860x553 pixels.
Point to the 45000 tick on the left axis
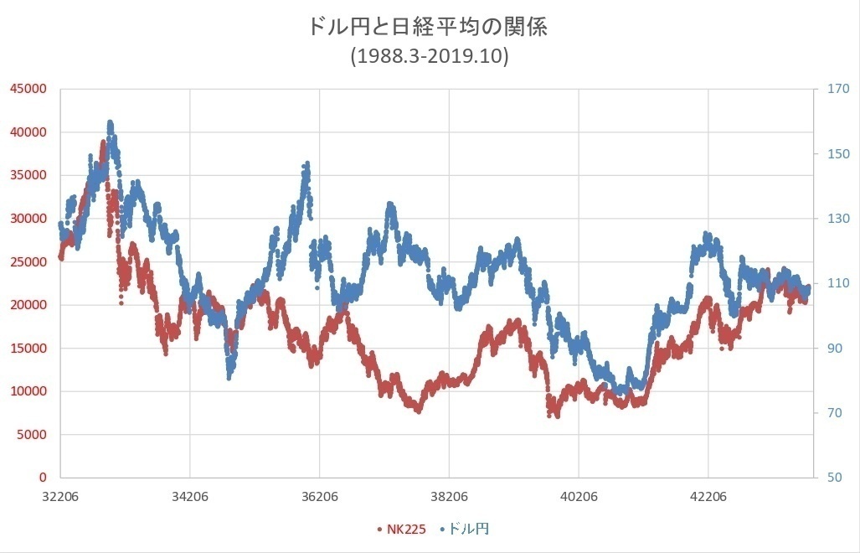[x=30, y=89]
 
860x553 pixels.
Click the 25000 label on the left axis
[x=30, y=261]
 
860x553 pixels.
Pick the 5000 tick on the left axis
[x=33, y=434]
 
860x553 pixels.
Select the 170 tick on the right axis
[x=837, y=89]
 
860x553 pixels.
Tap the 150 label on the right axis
[x=837, y=153]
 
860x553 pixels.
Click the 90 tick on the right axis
[x=834, y=348]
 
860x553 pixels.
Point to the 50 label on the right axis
[x=834, y=478]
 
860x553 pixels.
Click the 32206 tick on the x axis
[x=60, y=494]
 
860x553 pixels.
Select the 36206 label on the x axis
[x=319, y=494]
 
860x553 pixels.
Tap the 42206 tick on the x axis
[x=708, y=494]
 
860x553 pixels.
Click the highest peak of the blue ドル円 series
[x=111, y=123]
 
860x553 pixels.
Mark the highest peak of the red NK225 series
[x=104, y=143]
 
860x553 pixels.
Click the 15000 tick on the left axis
[x=30, y=348]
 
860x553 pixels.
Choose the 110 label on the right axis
[x=837, y=283]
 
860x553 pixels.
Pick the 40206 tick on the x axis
[x=579, y=494]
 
